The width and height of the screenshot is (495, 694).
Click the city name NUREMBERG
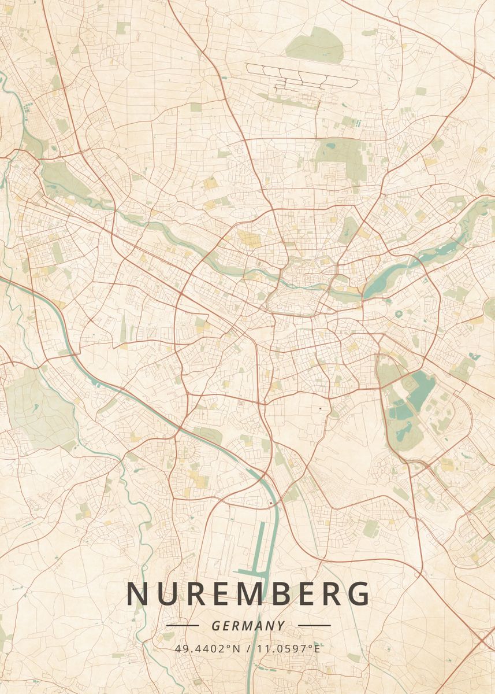(248, 594)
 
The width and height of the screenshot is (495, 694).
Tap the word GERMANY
(248, 626)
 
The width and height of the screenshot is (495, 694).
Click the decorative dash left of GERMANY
(182, 626)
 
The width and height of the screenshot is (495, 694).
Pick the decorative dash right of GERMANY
(314, 626)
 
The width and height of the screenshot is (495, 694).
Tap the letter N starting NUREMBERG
(137, 594)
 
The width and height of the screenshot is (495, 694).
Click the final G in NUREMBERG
(359, 594)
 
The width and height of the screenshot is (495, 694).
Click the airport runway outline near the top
(300, 75)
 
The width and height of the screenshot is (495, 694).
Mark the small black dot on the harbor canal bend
(270, 504)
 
